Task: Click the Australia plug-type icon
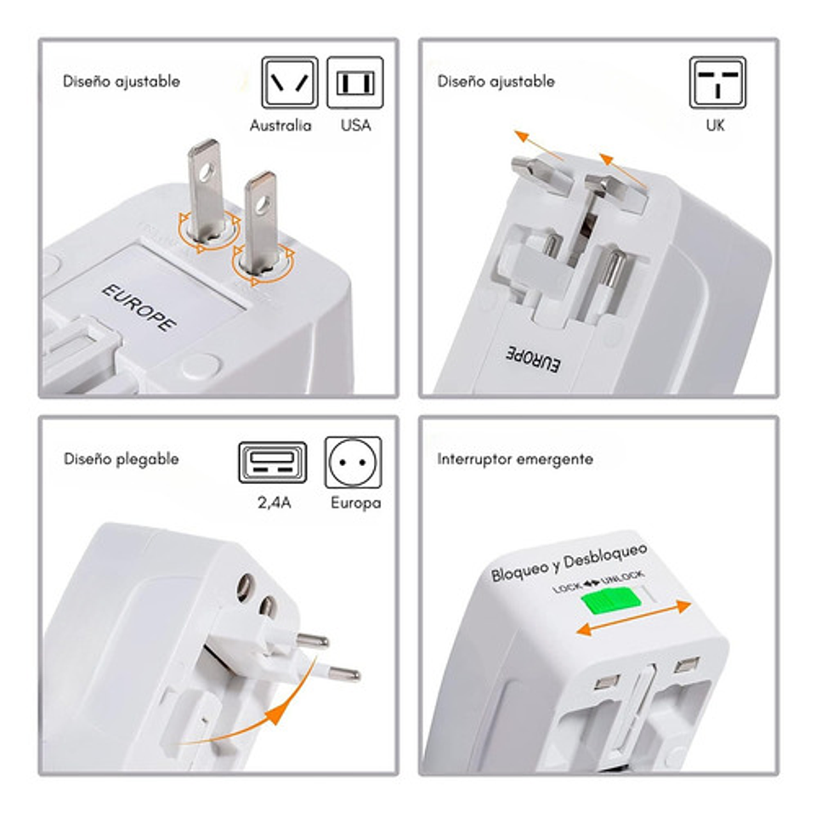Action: [x=290, y=82]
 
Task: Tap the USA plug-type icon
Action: [x=355, y=82]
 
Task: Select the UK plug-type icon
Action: [x=717, y=82]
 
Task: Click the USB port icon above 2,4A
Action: [x=272, y=463]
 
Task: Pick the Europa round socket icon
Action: [x=354, y=463]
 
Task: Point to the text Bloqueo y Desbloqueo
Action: [x=569, y=562]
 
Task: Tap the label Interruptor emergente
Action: [x=515, y=459]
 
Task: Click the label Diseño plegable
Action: [x=122, y=459]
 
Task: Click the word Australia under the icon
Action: [x=280, y=126]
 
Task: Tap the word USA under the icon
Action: [x=356, y=126]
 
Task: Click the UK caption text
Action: [x=716, y=126]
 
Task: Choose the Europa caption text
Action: [x=356, y=503]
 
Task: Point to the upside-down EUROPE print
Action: [x=533, y=359]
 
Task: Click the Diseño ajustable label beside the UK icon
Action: [x=496, y=82]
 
